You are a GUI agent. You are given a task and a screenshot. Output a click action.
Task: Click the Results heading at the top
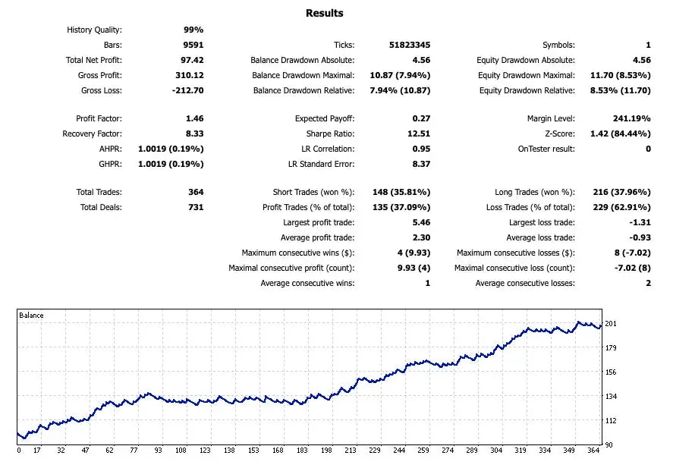pos(324,13)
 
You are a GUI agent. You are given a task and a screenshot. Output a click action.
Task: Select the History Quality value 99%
pos(193,30)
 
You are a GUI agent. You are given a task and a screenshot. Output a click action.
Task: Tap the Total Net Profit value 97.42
pos(190,60)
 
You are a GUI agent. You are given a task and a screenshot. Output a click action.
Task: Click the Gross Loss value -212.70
pos(186,90)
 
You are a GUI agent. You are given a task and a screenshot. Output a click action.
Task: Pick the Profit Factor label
pos(99,118)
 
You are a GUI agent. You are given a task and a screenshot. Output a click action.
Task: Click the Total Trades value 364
pos(195,192)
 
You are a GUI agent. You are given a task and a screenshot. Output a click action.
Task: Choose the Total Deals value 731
pos(195,207)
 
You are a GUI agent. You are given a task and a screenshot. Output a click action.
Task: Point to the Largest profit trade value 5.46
pos(420,222)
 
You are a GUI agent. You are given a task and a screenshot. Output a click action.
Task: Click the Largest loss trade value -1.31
pos(639,222)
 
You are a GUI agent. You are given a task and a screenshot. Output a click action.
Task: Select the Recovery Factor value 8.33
pos(194,133)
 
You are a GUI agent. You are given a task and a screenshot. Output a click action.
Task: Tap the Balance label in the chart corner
pos(32,316)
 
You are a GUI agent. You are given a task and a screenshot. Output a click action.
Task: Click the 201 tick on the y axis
pos(610,325)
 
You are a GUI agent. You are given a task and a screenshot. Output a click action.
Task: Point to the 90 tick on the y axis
pos(609,444)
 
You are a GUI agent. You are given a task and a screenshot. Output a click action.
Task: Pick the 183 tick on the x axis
pos(302,450)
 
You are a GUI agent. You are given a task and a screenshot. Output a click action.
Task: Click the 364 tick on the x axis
pos(592,450)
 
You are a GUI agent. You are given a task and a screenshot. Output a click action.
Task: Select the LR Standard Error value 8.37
pos(420,164)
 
